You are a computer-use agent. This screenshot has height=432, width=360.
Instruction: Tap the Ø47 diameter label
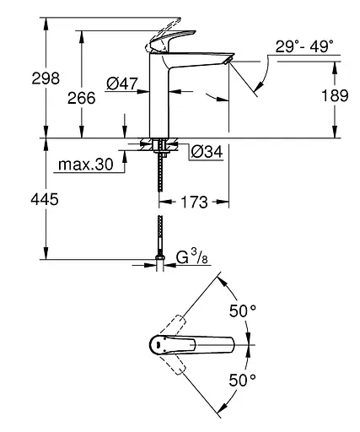tap(123, 83)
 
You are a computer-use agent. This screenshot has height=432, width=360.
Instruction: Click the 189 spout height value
tap(334, 95)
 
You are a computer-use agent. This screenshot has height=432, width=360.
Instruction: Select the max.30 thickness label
tap(85, 164)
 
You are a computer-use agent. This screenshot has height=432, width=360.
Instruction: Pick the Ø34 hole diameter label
tap(207, 153)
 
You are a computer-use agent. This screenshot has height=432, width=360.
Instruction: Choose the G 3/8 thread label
tap(193, 255)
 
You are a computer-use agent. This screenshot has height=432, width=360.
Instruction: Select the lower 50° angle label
tap(242, 379)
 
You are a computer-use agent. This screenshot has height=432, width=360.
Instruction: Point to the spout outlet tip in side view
tap(227, 62)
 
